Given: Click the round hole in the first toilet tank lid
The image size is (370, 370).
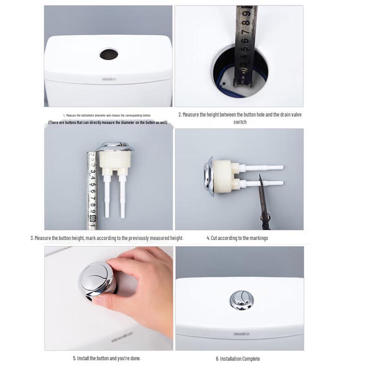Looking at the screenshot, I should coord(109,55).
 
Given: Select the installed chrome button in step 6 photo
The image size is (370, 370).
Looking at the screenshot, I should coord(241,300).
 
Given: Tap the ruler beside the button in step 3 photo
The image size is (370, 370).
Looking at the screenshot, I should coord(92,187).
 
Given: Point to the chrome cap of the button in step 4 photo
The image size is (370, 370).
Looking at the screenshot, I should coord(209,176).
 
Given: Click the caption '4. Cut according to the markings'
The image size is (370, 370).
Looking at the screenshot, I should coord(237,238).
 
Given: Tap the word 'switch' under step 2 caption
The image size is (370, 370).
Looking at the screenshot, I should coord(240,122).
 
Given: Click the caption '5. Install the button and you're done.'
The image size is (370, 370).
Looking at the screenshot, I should coord(106,358).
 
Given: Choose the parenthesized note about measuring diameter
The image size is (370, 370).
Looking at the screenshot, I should coord(108,123).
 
